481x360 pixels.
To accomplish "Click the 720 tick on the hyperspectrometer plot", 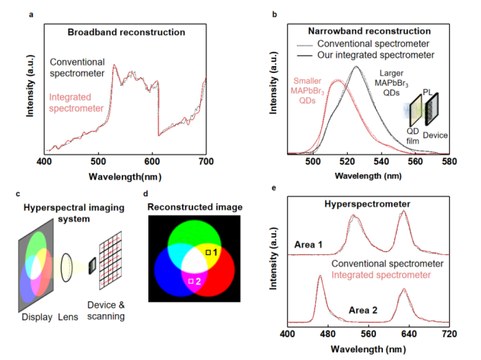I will pos(449,334).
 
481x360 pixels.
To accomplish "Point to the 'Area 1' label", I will pos(307,244).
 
